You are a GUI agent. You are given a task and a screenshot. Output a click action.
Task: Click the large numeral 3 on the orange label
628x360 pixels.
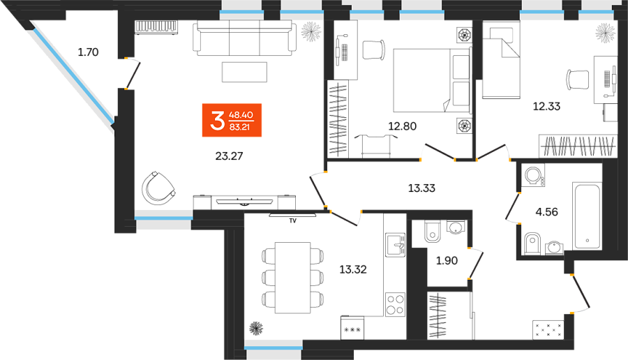click(216, 121)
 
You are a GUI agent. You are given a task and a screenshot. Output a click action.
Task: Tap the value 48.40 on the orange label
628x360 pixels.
click(240, 114)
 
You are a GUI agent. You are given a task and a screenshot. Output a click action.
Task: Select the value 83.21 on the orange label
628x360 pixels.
click(240, 128)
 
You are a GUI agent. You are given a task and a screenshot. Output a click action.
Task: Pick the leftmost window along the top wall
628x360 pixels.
click(241, 13)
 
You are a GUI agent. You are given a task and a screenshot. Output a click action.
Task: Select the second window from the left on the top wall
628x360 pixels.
click(301, 13)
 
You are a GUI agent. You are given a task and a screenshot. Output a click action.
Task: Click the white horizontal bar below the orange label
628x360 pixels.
click(244, 202)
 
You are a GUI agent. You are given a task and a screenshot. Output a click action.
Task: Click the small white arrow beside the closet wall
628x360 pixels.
click(399, 246)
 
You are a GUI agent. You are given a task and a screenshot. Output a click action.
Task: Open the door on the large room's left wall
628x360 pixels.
click(133, 74)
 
